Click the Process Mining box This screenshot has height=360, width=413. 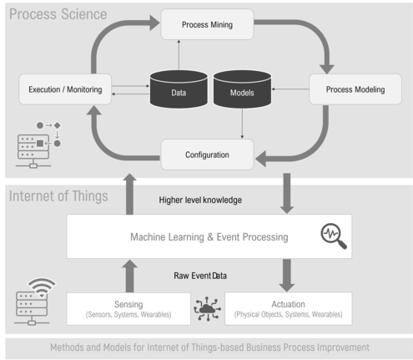coord(207,24)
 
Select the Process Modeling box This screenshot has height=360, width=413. coord(355,89)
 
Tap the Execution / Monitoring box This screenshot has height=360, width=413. coord(65,89)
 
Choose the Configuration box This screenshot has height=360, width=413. coord(207,155)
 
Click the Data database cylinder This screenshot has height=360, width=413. coord(179,89)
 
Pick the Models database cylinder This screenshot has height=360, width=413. coord(242,89)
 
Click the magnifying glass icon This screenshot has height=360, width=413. coord(334,236)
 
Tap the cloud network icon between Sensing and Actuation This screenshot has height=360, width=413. coord(208,309)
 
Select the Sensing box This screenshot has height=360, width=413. coord(128,309)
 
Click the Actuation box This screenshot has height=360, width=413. coord(289,308)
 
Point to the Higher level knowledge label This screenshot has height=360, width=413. coord(200,200)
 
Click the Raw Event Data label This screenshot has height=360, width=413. coord(200,276)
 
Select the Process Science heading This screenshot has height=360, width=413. coord(58,14)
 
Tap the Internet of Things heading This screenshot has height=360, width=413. coord(58,196)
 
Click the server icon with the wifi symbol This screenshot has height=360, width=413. coord(35,302)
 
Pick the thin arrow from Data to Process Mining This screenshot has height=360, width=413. coord(179,55)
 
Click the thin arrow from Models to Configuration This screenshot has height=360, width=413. coord(242,124)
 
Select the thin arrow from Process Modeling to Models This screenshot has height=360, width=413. coord(290,89)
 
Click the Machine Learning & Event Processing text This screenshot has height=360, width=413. coord(209,237)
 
